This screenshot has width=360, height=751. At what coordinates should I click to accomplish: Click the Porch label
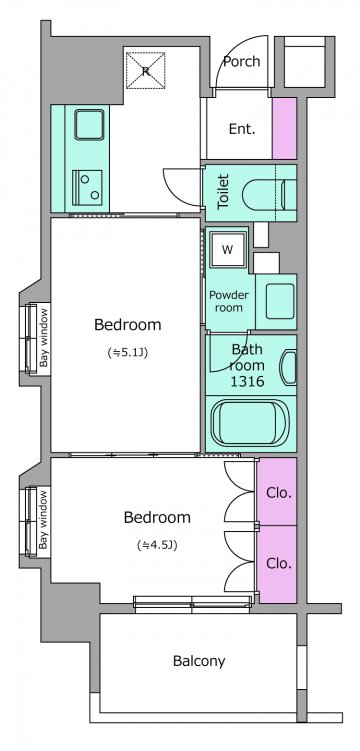pos(242,61)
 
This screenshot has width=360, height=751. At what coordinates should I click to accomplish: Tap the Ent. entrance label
pos(242,129)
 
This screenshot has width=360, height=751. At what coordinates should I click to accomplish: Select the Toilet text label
pos(224,192)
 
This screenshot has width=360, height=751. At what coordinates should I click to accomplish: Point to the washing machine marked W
pos(227,250)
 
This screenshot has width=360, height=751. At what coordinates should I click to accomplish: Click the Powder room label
pos(229,301)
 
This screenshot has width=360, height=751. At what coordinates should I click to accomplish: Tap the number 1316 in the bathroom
pos(247,381)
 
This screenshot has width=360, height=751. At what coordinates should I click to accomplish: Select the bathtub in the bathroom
pos(250,422)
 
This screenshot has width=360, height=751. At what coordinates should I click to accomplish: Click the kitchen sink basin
pos(89,125)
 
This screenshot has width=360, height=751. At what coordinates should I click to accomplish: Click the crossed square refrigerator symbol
pos(146,70)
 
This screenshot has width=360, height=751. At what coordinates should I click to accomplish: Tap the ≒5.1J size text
pos(127,353)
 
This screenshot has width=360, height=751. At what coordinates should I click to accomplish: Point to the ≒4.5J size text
pos(157,545)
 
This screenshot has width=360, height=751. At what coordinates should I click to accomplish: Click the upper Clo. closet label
pos(279,493)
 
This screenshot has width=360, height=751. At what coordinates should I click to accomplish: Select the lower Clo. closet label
pos(279,564)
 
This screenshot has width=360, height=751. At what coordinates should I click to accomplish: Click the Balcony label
pos(199,661)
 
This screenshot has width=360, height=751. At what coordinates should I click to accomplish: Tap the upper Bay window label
pos(44,337)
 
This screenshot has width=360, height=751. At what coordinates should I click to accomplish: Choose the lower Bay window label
pos(44,520)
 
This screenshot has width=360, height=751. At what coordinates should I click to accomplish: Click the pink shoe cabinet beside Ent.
pos(284,128)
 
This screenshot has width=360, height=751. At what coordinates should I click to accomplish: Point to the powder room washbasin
pos(280,301)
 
